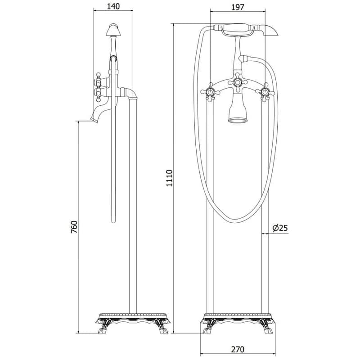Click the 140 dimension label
click(x=113, y=6)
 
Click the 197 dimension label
click(x=238, y=7)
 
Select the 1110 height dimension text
click(x=169, y=178)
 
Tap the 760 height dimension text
click(x=74, y=227)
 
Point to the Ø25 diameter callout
click(x=280, y=228)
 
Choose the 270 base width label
click(x=238, y=350)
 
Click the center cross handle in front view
click(x=238, y=83)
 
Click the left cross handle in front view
click(x=210, y=92)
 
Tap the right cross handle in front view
click(x=265, y=93)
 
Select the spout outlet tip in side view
click(x=94, y=120)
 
